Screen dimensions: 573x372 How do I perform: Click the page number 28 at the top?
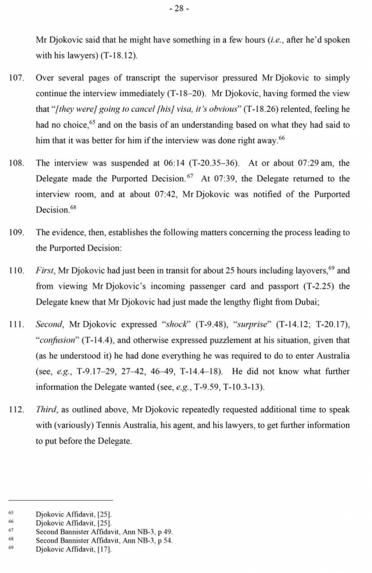(179, 9)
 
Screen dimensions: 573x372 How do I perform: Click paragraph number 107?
(17, 78)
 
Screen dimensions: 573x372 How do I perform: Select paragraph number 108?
(17, 163)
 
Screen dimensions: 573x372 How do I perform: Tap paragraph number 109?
(17, 232)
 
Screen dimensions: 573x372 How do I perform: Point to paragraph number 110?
(17, 271)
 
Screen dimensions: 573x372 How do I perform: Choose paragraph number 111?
(17, 325)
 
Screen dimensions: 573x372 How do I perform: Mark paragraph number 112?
(17, 410)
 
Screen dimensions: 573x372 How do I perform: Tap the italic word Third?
(46, 410)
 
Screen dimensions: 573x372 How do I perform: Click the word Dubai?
(306, 302)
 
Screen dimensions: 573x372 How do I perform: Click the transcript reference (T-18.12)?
(118, 55)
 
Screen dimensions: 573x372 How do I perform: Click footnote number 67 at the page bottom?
(11, 531)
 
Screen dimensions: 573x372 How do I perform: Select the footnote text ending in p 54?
(104, 540)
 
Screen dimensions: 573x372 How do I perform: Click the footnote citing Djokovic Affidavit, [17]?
(74, 549)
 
